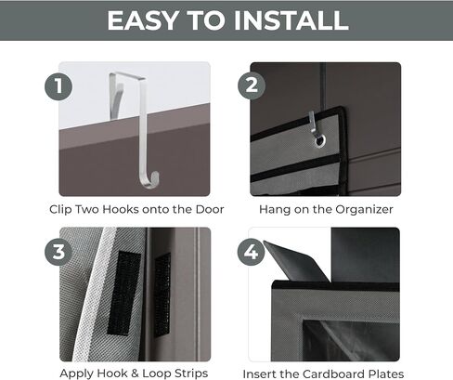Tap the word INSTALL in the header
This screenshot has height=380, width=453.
tap(291, 20)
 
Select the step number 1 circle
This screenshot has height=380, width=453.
tap(58, 86)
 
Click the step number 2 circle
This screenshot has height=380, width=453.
tap(252, 85)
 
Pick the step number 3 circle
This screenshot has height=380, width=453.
tap(58, 252)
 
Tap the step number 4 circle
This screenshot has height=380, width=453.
tap(251, 252)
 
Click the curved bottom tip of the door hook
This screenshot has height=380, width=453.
tap(150, 182)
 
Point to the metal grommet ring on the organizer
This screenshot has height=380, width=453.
tap(319, 140)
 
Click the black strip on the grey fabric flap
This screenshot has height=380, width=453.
tap(123, 293)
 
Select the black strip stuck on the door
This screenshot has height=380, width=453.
tap(162, 295)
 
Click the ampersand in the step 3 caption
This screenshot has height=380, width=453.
tap(135, 373)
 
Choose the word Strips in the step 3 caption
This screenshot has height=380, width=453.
tap(191, 373)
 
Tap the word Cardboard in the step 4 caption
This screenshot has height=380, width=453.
tap(330, 374)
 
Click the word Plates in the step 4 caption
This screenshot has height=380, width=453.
tap(383, 374)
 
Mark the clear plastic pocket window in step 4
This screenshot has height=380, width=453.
tap(351, 341)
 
